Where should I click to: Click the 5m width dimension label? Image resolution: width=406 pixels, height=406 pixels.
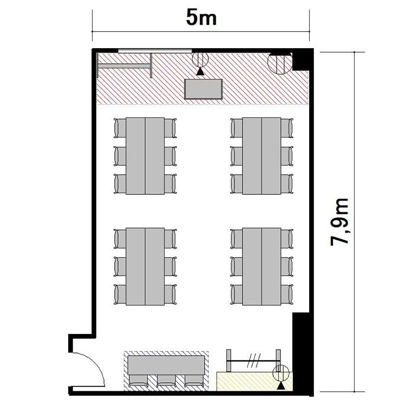tap(201, 18)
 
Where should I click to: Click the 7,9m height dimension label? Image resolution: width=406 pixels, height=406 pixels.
tap(339, 222)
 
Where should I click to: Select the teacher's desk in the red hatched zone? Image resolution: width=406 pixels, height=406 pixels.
tap(203, 89)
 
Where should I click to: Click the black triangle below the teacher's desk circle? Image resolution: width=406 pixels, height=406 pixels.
tap(200, 71)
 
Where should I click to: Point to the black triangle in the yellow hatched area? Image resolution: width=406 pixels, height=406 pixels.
tap(281, 387)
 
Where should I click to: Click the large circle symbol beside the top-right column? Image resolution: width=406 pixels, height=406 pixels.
tap(280, 62)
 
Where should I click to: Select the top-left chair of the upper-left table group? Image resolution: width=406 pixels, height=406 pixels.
tap(120, 128)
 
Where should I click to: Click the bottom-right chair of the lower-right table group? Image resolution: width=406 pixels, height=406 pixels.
tap(287, 294)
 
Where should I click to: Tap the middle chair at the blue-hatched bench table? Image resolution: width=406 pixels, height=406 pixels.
tap(166, 381)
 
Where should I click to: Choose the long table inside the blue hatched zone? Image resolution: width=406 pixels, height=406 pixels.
tap(166, 365)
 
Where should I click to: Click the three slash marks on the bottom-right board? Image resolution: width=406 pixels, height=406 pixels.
tap(254, 361)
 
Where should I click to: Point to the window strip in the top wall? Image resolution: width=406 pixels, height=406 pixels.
tap(155, 51)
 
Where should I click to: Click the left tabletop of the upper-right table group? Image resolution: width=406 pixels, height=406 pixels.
tap(252, 156)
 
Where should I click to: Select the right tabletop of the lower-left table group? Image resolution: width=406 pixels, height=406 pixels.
tap(155, 266)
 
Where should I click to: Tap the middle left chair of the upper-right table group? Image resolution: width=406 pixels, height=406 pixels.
tap(237, 156)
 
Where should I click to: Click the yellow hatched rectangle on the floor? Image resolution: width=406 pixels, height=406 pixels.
tap(255, 382)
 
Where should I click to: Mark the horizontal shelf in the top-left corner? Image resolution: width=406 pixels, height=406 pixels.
tap(124, 66)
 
